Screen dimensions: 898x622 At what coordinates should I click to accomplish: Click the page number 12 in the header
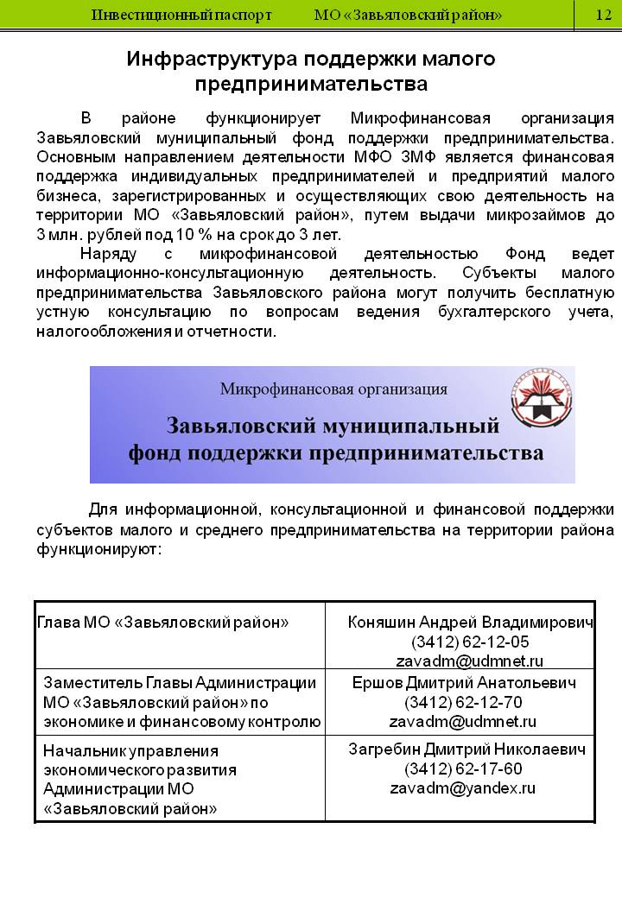tap(603, 16)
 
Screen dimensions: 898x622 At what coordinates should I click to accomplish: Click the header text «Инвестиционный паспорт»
tap(181, 16)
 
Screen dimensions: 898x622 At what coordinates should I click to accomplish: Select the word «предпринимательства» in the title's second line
tap(311, 84)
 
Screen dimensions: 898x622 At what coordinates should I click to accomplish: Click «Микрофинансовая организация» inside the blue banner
tap(333, 389)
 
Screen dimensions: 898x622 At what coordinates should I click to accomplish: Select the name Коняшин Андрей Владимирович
tap(470, 623)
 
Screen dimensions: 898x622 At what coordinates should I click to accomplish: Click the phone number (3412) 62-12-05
tap(470, 642)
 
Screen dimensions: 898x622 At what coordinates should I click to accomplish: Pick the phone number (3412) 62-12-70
tap(463, 702)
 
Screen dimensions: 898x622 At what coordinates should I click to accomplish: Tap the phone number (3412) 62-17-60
tap(463, 768)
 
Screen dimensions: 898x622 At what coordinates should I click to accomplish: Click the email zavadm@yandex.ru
tap(463, 788)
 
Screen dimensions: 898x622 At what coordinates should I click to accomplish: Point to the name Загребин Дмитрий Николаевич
tap(466, 749)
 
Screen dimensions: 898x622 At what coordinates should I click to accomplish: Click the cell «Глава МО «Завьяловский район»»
tap(163, 623)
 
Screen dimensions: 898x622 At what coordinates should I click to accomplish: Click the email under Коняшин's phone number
tap(470, 661)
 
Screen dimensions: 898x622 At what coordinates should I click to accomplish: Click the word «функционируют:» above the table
tap(98, 548)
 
